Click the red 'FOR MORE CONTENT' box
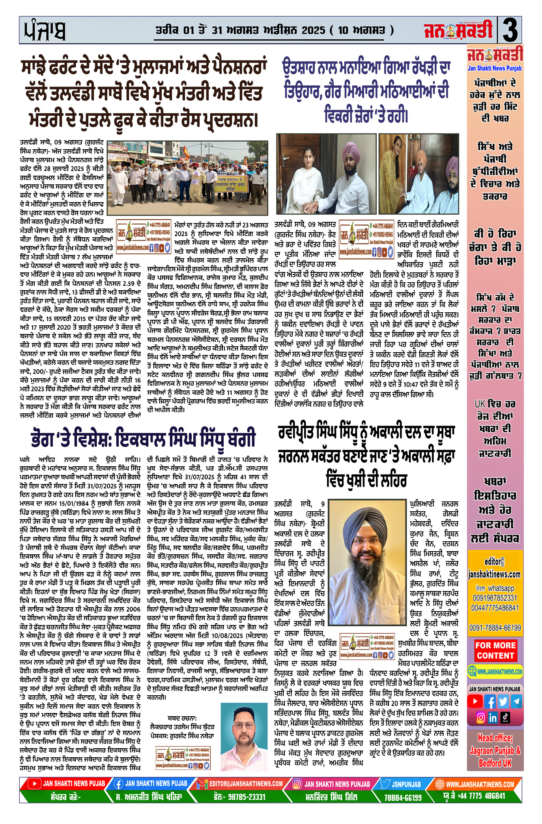[x=495, y=650]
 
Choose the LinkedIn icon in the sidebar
[x=493, y=717]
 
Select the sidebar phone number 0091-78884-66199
[x=495, y=627]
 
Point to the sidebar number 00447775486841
[x=495, y=608]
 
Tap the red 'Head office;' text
[x=495, y=738]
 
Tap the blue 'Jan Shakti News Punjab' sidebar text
[x=495, y=68]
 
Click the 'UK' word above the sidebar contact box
[x=480, y=404]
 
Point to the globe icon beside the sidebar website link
[x=472, y=671]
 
